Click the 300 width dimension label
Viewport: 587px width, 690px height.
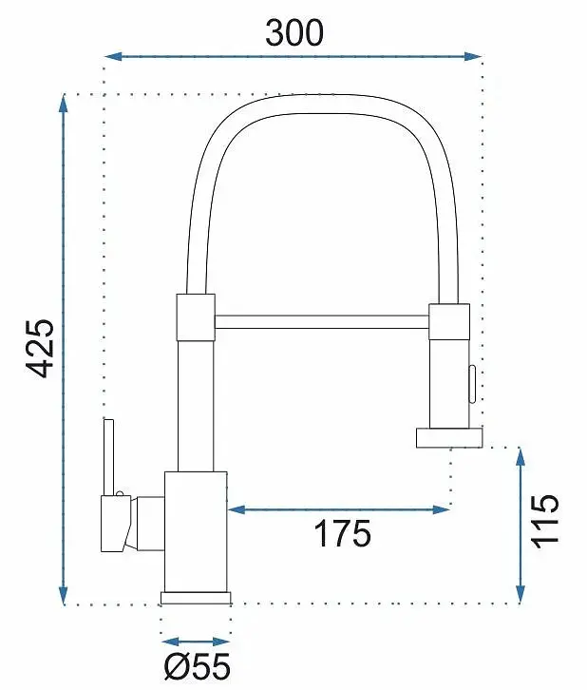click(x=294, y=33)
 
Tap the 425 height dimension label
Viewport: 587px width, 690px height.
click(x=41, y=349)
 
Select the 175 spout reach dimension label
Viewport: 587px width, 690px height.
click(x=343, y=533)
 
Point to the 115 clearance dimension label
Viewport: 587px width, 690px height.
click(x=545, y=522)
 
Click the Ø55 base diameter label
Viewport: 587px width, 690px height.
click(x=198, y=666)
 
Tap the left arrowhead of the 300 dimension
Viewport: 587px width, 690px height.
click(x=113, y=56)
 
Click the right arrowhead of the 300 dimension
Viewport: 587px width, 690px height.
click(x=473, y=56)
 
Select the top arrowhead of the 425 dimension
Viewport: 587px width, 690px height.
click(x=64, y=104)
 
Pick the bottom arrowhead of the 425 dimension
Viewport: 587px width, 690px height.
click(x=64, y=595)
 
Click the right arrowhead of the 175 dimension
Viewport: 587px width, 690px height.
click(x=441, y=509)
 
